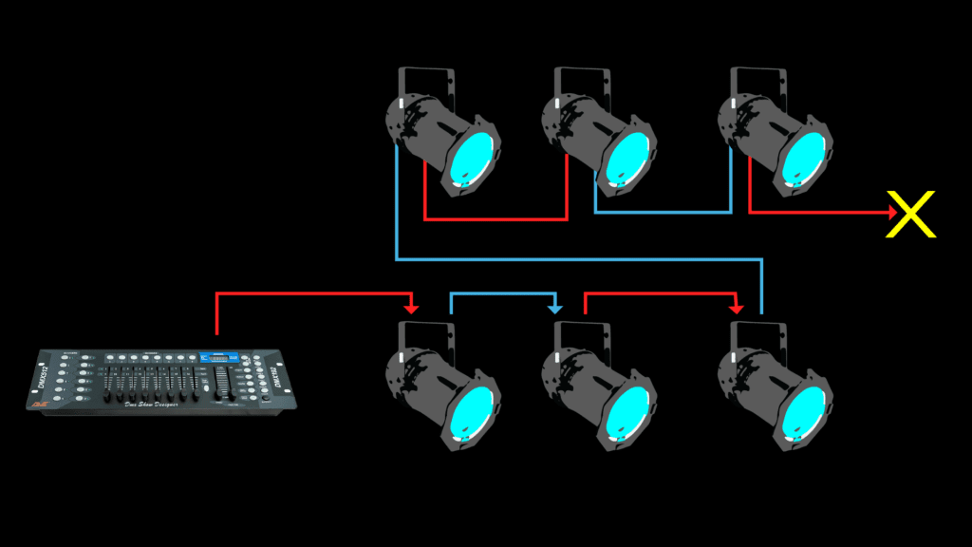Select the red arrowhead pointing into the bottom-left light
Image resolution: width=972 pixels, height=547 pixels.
point(411,308)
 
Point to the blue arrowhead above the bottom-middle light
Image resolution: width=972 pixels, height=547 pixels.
point(555,308)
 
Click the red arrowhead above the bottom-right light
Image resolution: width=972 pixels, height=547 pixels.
point(735,308)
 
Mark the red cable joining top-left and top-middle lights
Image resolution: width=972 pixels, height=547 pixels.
point(495,220)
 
